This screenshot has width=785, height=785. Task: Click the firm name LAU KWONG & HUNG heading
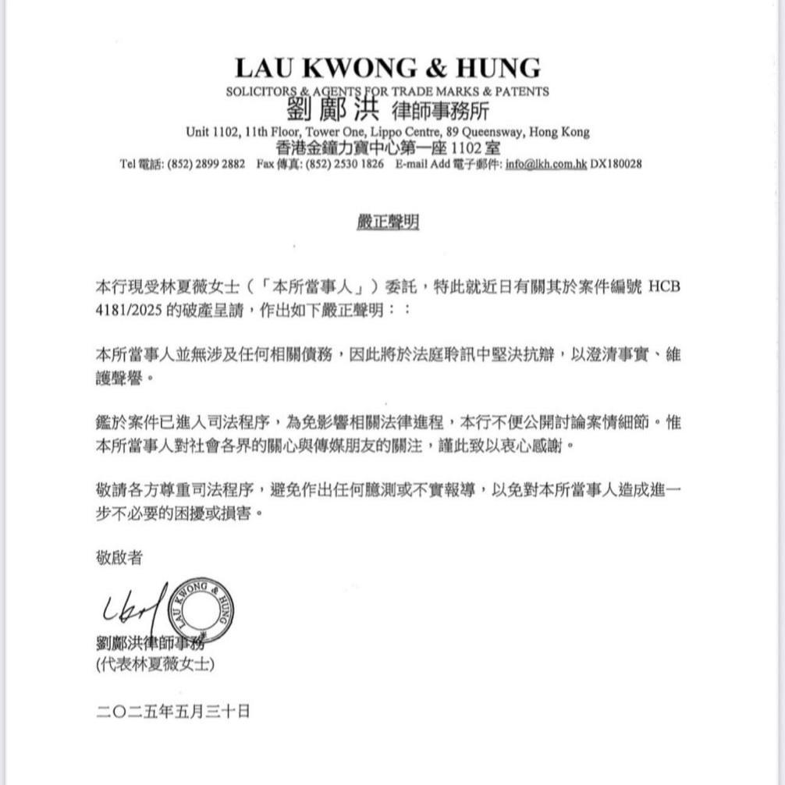coord(387,68)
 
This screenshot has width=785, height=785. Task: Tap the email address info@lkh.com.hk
coord(545,165)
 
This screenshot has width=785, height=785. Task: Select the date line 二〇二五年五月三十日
coord(173,711)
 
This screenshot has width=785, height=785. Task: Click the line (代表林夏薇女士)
coord(155,665)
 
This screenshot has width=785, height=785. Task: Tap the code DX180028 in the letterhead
coord(616,165)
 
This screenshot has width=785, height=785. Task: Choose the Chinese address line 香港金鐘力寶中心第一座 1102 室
coord(388,147)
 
